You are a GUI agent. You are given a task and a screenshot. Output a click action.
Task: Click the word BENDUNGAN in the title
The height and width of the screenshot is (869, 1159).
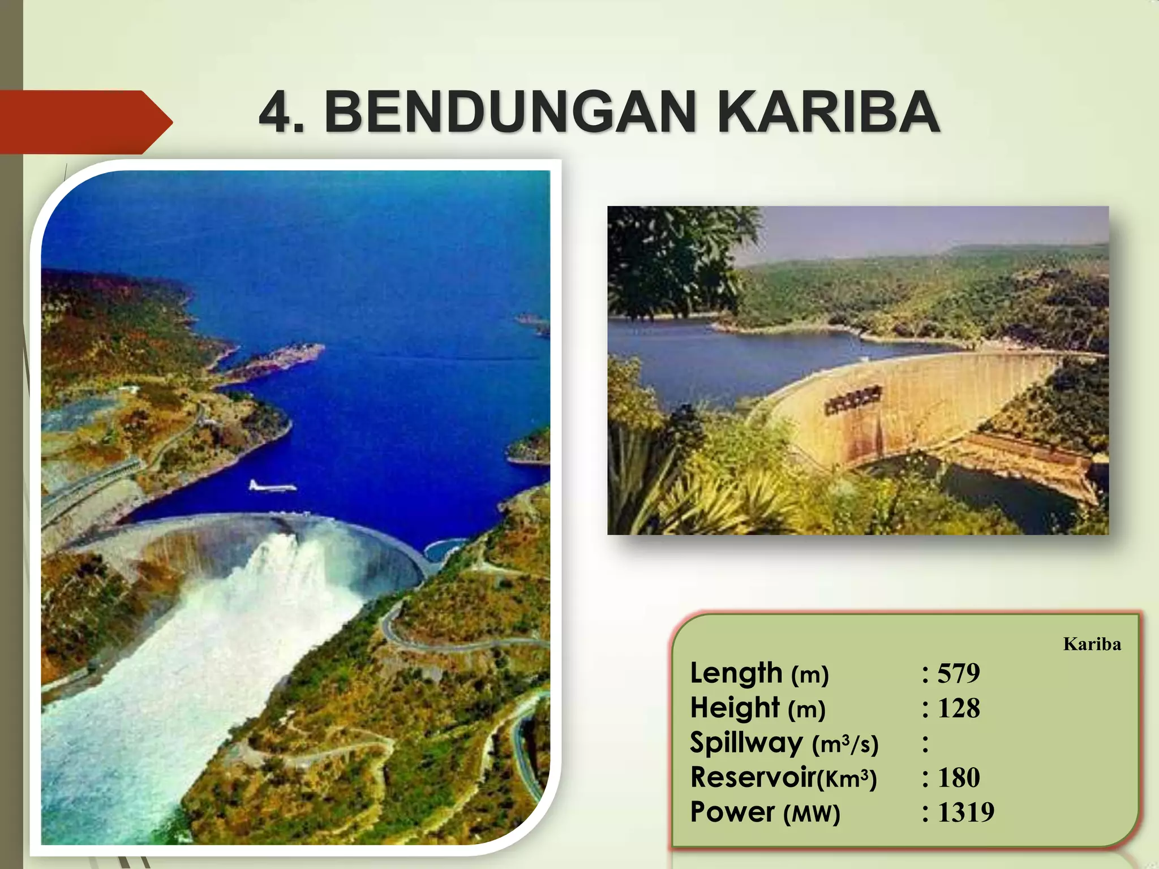[x=509, y=112]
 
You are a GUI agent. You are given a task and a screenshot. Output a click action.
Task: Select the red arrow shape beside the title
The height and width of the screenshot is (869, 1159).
[x=85, y=122]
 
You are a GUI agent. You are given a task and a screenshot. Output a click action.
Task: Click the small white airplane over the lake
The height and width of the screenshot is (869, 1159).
[x=272, y=486]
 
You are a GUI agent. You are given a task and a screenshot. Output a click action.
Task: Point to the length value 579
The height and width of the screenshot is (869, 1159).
[x=959, y=673]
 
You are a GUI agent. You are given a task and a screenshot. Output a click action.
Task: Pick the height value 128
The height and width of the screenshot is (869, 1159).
[x=959, y=708]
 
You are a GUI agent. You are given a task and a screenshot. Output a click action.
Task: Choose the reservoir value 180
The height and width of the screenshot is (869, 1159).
[x=959, y=778]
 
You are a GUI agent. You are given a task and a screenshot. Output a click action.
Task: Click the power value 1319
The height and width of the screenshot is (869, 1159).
[x=965, y=812]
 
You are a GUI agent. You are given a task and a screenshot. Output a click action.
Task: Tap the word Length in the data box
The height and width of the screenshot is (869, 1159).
[x=736, y=673]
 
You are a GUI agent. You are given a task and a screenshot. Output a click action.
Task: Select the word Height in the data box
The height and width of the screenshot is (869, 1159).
[x=735, y=708]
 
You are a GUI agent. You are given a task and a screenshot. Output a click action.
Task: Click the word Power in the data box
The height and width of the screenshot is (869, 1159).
[x=732, y=812]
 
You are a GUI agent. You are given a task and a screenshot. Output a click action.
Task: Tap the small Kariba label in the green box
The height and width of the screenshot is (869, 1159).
[x=1092, y=644]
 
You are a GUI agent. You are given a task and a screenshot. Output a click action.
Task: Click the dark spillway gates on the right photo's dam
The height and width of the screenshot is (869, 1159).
[x=852, y=401]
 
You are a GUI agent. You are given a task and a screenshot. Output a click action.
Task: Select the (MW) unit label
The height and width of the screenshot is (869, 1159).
[x=812, y=814]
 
